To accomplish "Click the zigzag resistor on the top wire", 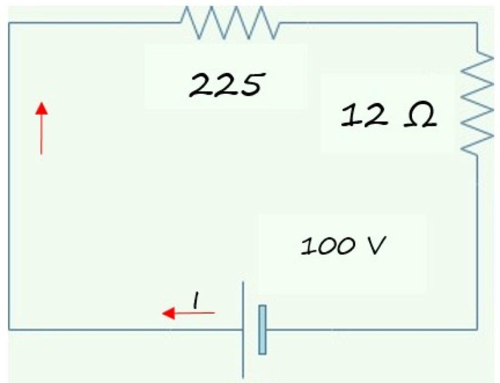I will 230,22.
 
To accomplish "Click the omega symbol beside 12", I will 419,117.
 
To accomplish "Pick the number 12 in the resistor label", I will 364,116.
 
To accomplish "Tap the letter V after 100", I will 376,246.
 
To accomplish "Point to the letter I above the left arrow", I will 195,300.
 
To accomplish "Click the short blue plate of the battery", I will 263,329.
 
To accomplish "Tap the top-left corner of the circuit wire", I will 9,23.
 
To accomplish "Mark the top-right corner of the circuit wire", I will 477,23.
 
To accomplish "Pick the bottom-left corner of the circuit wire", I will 9,329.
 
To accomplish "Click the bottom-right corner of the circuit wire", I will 477,328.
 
